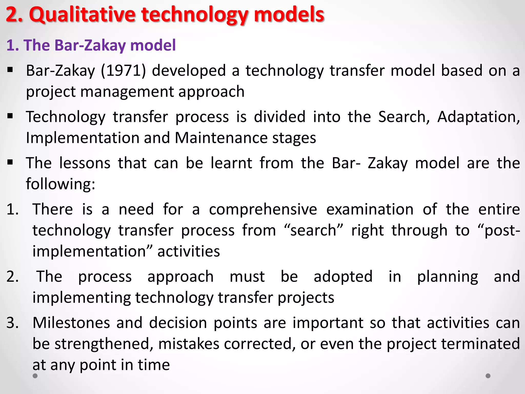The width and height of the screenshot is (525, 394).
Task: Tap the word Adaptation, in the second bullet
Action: point(478,117)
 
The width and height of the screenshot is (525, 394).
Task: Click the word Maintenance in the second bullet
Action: point(221,138)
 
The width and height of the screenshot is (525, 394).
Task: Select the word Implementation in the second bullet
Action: point(82,138)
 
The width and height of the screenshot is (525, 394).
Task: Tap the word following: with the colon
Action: point(61,184)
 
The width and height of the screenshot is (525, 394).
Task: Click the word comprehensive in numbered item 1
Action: point(263,209)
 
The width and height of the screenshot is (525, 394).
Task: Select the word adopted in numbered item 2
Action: point(343,277)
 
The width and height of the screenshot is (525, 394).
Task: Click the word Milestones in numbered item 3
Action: point(71,323)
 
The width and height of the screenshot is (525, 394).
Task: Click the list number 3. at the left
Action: point(13,323)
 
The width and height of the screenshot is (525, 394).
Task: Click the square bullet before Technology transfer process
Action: point(10,116)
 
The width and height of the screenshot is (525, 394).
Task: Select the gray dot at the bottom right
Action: point(488,376)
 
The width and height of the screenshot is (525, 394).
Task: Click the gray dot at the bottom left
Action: point(35,376)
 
